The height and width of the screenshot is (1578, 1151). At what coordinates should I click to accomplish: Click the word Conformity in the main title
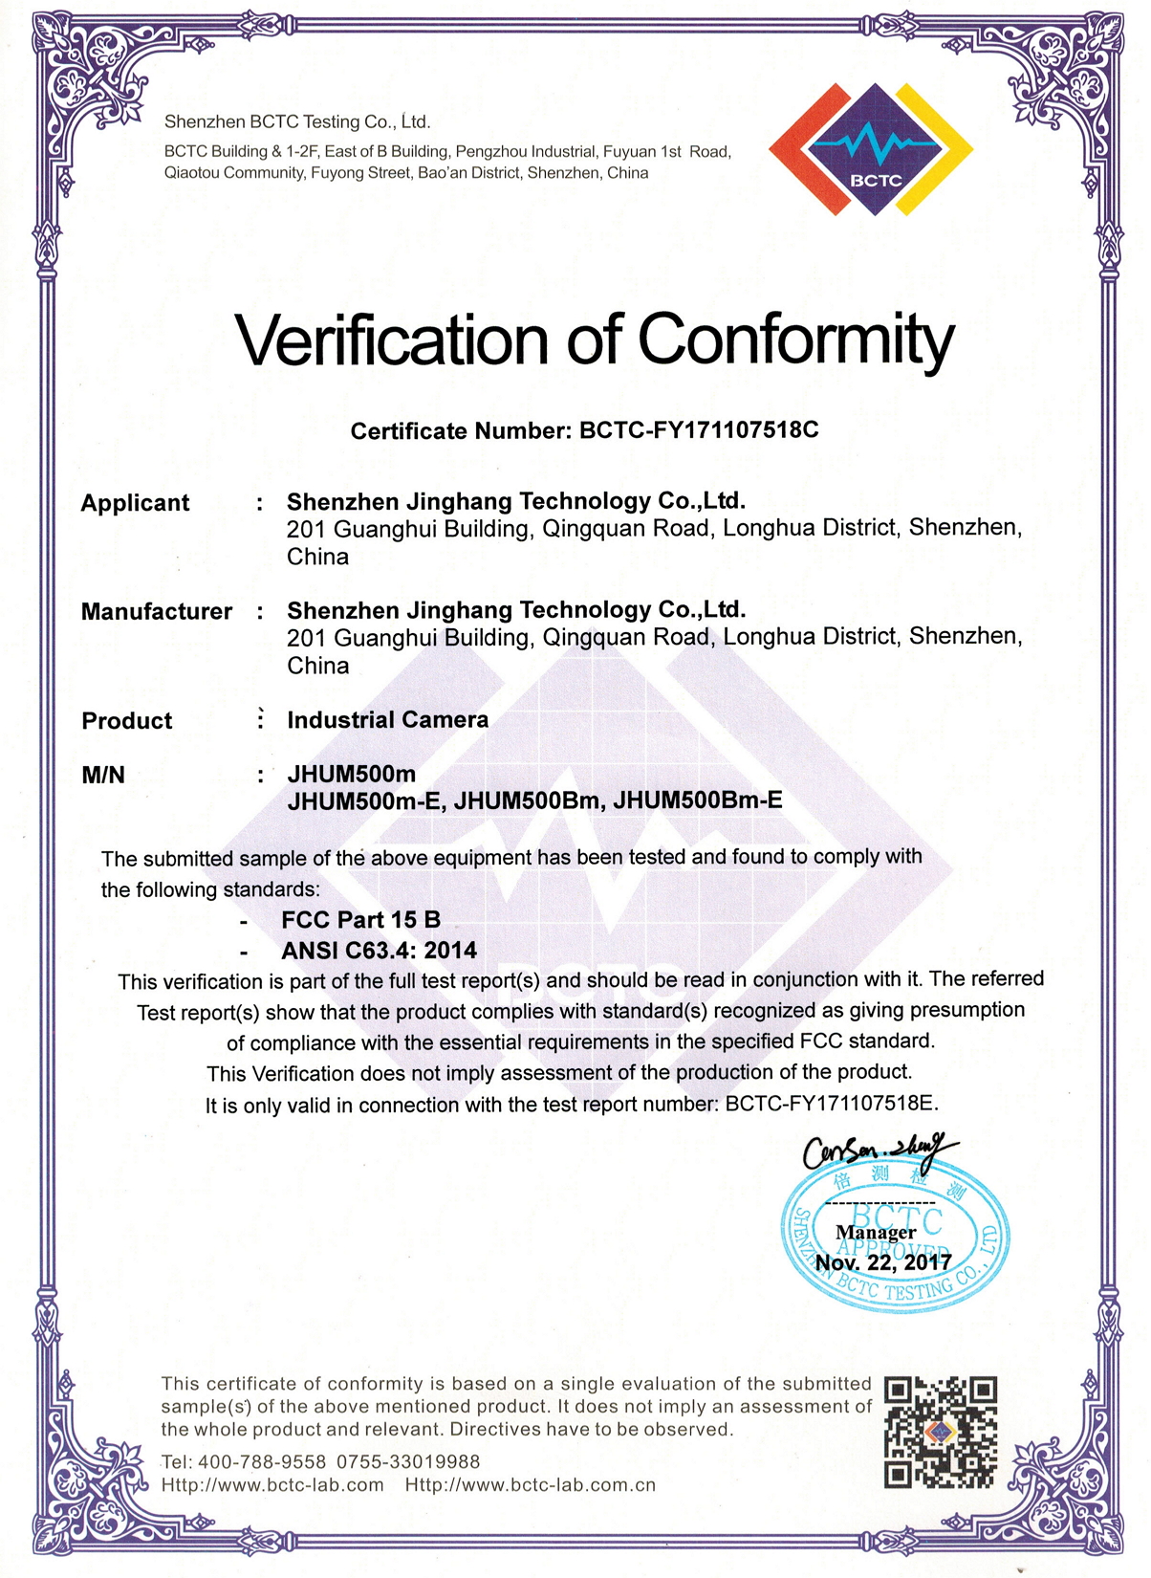795,340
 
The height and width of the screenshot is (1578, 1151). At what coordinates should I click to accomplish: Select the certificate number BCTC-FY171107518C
699,429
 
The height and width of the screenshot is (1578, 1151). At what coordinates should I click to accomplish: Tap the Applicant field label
135,503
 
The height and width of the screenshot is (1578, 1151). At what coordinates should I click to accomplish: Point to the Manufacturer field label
157,612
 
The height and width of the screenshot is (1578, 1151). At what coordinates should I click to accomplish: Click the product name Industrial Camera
387,720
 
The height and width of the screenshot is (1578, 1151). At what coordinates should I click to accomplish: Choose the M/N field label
103,776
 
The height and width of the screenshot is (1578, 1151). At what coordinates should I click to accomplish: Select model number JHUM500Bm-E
697,800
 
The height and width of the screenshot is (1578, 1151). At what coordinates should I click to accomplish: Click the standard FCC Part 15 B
360,920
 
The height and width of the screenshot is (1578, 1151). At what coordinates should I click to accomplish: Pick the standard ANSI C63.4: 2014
379,951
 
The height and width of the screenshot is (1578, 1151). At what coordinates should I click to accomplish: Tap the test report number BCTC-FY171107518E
830,1104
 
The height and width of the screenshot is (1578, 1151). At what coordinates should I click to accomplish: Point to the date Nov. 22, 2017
883,1262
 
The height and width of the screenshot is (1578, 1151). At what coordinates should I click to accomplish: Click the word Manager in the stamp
876,1233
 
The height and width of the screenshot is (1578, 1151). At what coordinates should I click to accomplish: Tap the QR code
941,1433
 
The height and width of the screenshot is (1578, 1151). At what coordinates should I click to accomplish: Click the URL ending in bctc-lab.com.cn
531,1485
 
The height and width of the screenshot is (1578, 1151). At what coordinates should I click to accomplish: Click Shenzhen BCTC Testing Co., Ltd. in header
297,122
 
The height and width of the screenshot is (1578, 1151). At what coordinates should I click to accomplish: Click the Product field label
127,721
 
